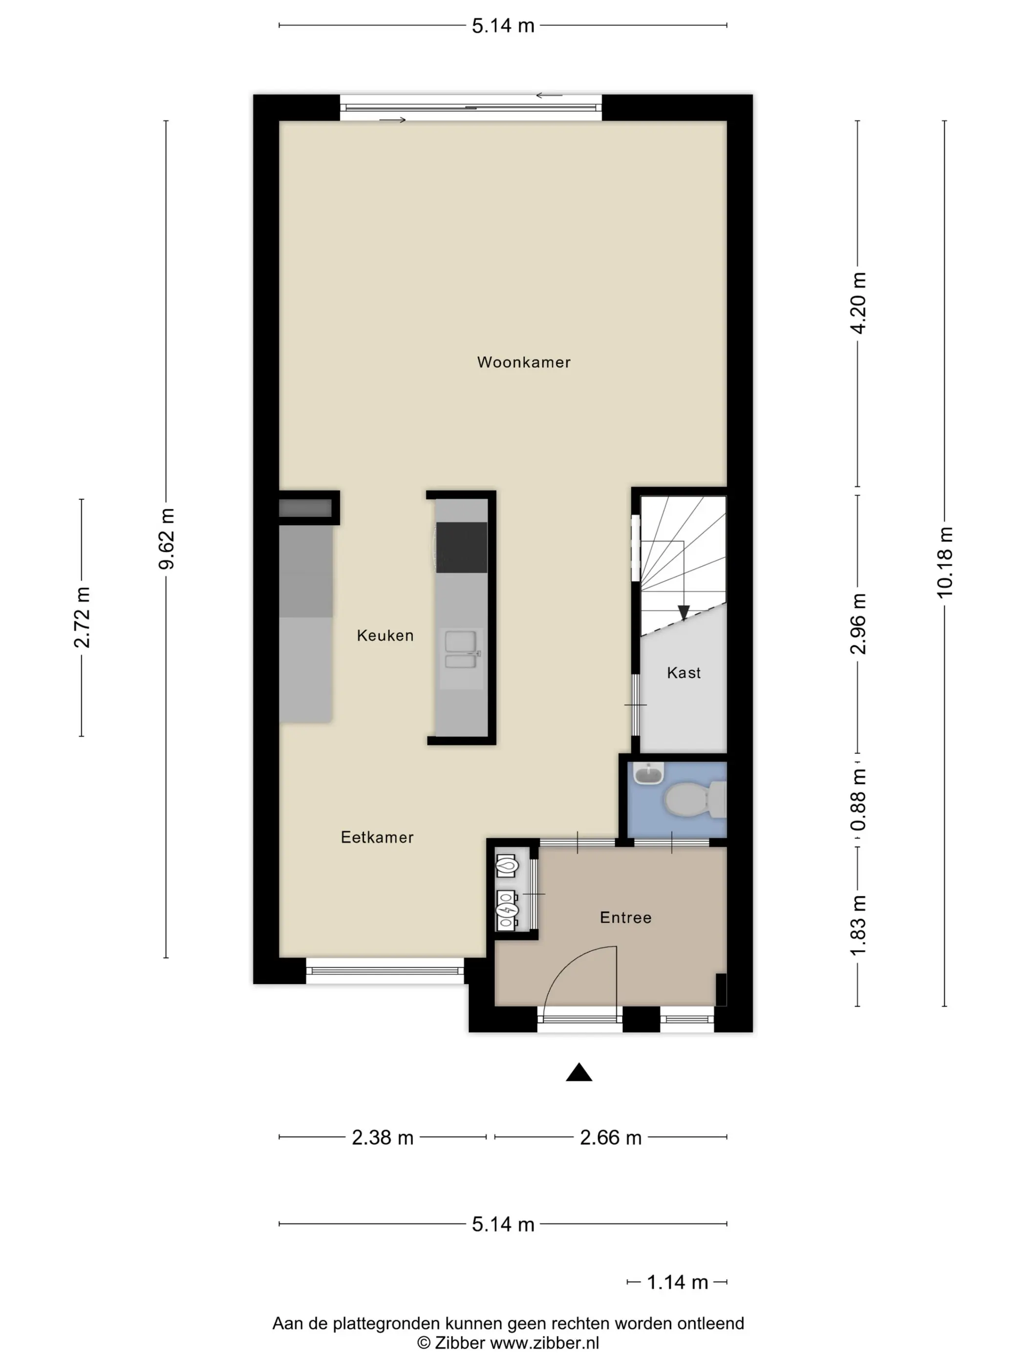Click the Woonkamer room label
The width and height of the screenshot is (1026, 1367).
(523, 362)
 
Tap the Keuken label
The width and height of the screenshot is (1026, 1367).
(385, 635)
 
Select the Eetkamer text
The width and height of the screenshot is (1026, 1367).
(377, 837)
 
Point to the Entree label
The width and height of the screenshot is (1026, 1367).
(626, 918)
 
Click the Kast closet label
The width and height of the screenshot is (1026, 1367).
(684, 673)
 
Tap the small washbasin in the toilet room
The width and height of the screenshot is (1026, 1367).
(649, 773)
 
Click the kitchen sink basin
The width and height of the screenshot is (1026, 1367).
(461, 641)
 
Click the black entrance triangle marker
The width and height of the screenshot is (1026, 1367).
(579, 1072)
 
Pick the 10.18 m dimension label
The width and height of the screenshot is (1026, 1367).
(945, 562)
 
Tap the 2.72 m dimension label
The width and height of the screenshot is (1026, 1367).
(82, 618)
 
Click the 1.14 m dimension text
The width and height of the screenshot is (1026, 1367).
(677, 1283)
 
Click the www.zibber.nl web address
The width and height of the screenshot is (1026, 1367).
(544, 1343)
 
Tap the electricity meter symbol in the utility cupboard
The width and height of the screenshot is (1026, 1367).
(507, 911)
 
